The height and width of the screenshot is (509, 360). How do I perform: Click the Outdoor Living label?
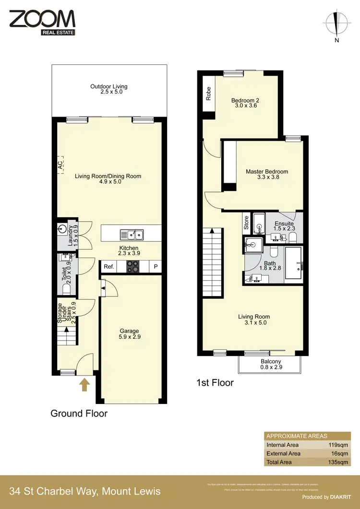click(x=109, y=89)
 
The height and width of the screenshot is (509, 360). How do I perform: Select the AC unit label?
click(x=60, y=165)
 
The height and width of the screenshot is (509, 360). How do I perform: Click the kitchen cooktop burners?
click(x=132, y=266)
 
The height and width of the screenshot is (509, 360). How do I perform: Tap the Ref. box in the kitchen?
click(x=109, y=267)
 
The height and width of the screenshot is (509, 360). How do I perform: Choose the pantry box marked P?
click(x=156, y=267)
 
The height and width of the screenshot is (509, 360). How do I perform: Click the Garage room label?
click(x=130, y=334)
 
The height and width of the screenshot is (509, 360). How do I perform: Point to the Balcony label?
click(x=271, y=364)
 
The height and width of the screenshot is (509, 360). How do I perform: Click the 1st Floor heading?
click(x=215, y=383)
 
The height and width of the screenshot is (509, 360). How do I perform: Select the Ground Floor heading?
click(x=79, y=414)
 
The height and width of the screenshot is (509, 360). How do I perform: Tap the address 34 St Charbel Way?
click(x=85, y=491)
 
